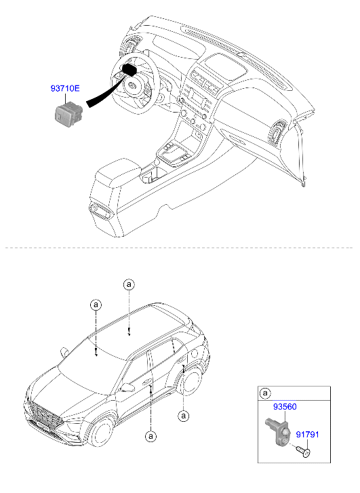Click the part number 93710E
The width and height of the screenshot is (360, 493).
[65, 88]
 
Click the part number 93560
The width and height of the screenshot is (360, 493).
[285, 406]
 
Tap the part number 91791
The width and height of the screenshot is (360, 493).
[307, 435]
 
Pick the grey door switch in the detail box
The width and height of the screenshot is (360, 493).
[279, 431]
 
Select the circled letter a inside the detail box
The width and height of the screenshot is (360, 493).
[265, 393]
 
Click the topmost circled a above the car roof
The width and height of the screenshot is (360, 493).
[129, 285]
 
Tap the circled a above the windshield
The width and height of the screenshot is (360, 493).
[96, 304]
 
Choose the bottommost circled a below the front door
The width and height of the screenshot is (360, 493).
[151, 436]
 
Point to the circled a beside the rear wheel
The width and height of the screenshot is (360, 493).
[183, 416]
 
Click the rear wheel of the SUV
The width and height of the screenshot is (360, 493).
[191, 380]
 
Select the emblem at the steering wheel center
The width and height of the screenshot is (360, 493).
[132, 85]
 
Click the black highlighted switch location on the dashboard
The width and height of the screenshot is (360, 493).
[129, 70]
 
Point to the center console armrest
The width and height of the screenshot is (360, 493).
[117, 172]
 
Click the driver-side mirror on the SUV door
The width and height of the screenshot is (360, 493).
[126, 387]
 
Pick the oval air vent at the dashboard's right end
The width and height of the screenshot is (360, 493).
[277, 134]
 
